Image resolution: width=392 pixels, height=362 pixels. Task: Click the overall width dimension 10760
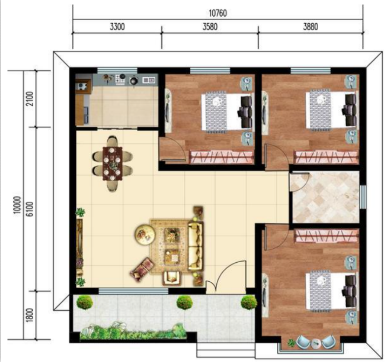[218, 13]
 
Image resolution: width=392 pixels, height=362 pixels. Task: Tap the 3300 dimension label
[117, 26]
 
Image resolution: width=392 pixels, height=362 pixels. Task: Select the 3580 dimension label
[210, 26]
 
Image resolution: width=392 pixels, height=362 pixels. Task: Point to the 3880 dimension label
[311, 26]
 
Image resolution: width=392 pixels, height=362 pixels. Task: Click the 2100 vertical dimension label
[30, 99]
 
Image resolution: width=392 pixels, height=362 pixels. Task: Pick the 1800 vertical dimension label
[30, 315]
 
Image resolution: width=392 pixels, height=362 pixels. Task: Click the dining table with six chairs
[112, 163]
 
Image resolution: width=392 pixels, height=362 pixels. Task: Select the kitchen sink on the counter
[149, 80]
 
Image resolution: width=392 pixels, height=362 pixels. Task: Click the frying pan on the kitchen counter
[133, 81]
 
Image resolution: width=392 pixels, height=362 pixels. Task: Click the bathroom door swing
[299, 182]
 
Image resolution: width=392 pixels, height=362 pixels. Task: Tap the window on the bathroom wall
[363, 197]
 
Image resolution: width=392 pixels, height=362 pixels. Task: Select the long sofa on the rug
[195, 246]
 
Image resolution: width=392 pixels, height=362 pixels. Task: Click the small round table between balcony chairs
[316, 343]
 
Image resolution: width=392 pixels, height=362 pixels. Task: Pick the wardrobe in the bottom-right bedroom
[327, 236]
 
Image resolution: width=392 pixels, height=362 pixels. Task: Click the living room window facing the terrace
[133, 291]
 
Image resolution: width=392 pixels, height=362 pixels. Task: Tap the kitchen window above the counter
[117, 70]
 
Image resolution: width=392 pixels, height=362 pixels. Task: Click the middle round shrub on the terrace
[185, 302]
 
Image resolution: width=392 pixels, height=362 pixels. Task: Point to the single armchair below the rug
[171, 278]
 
